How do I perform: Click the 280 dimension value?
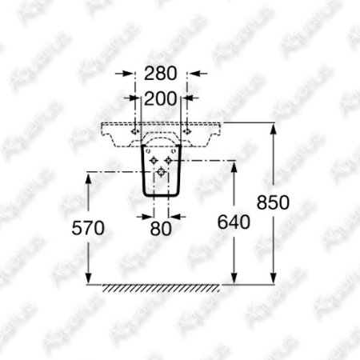(x=160, y=74)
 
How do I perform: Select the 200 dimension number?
(x=160, y=98)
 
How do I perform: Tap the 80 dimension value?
(x=161, y=229)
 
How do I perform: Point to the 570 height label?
(x=88, y=228)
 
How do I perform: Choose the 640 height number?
(x=234, y=222)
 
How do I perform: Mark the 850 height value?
(x=273, y=202)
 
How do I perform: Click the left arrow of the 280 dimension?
(x=124, y=74)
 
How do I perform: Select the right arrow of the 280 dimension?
(x=198, y=74)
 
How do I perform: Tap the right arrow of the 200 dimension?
(x=190, y=98)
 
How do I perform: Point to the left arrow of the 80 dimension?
(x=145, y=217)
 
